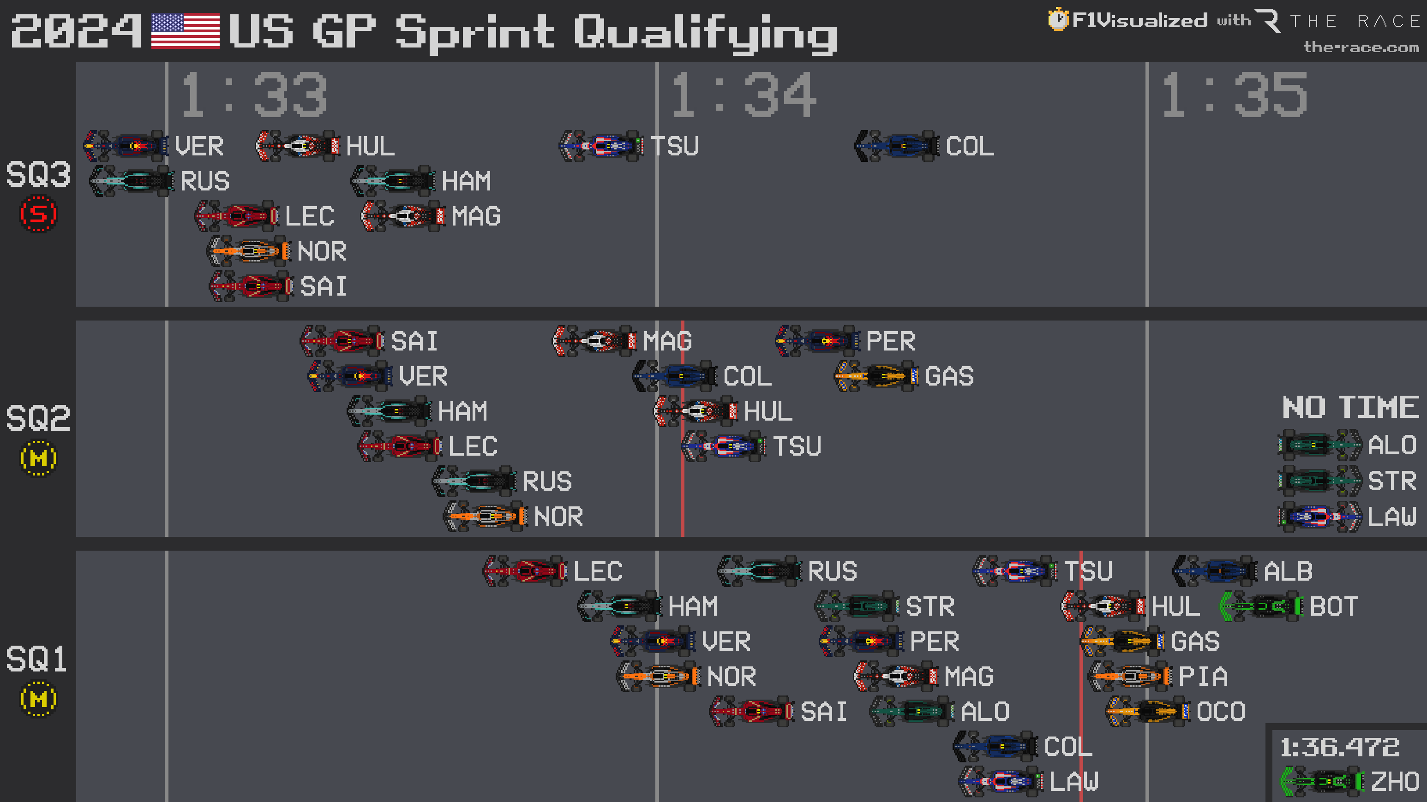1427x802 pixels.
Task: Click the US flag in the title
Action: [185, 31]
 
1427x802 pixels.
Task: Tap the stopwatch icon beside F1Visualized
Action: [1057, 19]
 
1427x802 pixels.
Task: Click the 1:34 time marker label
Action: [743, 95]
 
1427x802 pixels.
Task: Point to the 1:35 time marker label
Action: [1234, 95]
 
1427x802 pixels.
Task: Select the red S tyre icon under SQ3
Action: [38, 214]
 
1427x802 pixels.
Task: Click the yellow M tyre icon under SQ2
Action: [38, 458]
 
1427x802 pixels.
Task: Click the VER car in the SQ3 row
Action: [126, 146]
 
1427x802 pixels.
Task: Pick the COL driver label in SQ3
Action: [970, 147]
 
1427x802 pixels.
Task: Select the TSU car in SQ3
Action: [601, 146]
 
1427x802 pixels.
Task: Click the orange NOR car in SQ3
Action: [249, 251]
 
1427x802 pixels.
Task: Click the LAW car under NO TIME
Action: [1319, 517]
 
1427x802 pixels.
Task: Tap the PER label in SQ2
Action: [890, 341]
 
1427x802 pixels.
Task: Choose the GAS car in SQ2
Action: [876, 376]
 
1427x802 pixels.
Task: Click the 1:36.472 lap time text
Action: [1339, 747]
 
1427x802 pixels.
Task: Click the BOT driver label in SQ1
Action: [1333, 606]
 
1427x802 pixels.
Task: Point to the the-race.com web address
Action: [1361, 48]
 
